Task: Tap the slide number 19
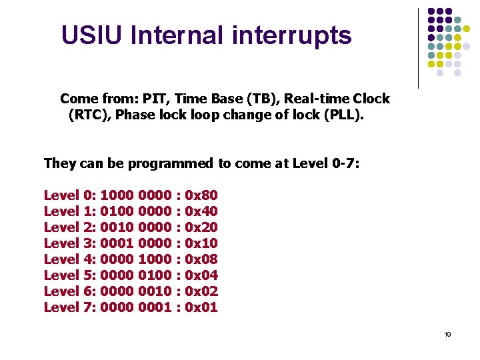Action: pos(447,334)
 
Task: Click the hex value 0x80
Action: pos(201,195)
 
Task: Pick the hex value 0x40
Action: pos(201,211)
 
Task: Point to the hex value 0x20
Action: pos(201,227)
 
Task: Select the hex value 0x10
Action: pos(201,243)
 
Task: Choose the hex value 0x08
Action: pos(201,259)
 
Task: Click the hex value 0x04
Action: pos(201,275)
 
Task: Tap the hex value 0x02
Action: pos(201,291)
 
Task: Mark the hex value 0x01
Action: pos(201,307)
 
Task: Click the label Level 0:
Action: pos(70,195)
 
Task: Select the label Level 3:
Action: pos(70,243)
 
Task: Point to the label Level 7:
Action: pos(70,307)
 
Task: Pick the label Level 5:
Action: pos(70,275)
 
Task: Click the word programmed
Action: pos(169,163)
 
